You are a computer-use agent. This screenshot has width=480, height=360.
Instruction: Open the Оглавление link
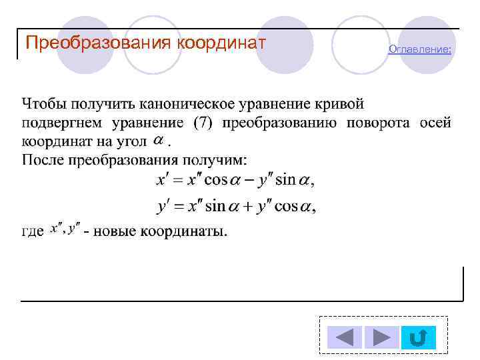pyautogui.click(x=419, y=49)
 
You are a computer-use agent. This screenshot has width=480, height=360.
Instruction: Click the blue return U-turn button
pyautogui.click(x=418, y=338)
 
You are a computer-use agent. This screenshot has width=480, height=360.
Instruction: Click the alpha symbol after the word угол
pyautogui.click(x=159, y=140)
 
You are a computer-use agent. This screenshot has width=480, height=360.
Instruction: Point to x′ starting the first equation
pyautogui.click(x=163, y=181)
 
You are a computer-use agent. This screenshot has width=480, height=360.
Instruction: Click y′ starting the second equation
pyautogui.click(x=163, y=206)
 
